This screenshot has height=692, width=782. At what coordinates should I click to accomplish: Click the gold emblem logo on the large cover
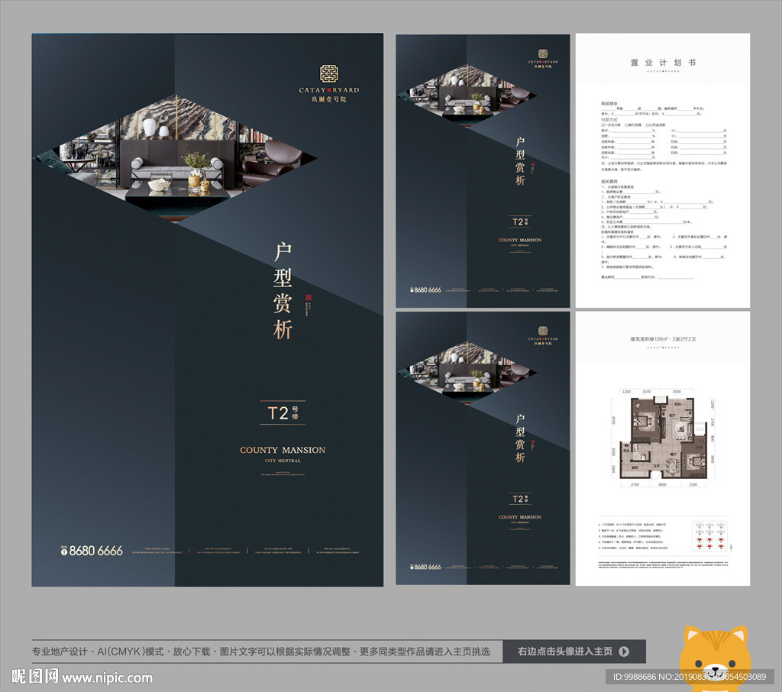click(x=328, y=74)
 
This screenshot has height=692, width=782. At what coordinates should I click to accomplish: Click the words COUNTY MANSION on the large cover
click(x=283, y=450)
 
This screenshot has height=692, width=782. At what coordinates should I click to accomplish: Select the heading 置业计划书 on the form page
click(x=662, y=63)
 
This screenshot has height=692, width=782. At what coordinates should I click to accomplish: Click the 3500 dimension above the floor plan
click(x=677, y=391)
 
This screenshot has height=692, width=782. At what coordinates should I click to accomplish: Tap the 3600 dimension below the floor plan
click(x=663, y=484)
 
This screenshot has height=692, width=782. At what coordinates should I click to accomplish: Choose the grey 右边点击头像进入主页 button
click(x=574, y=652)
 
